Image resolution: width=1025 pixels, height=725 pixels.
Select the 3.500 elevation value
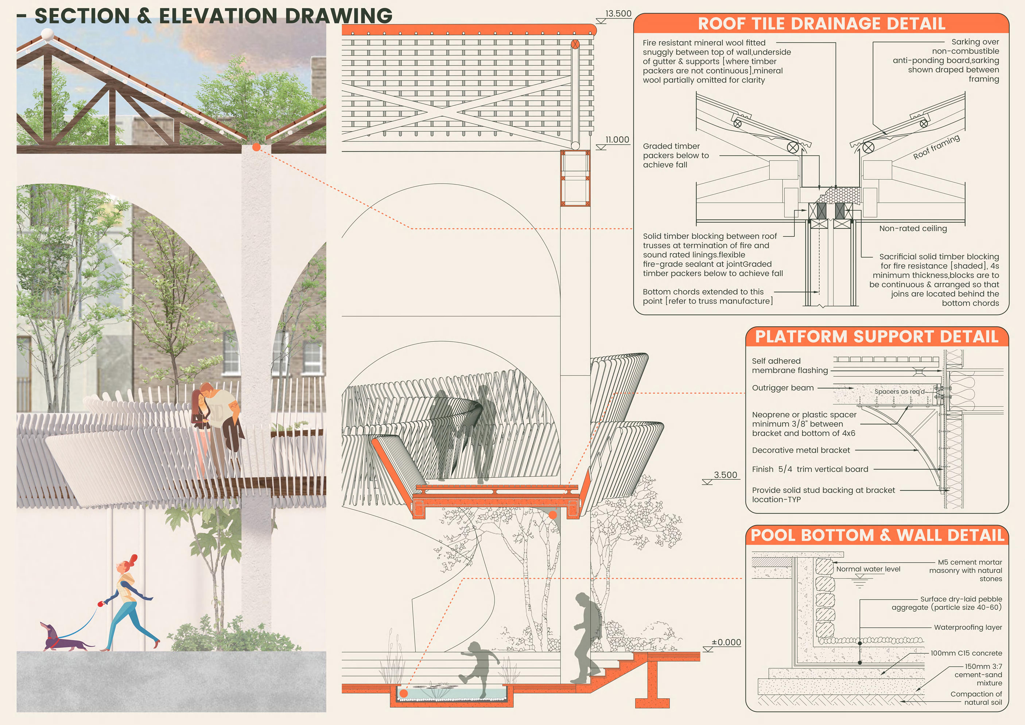pyautogui.click(x=725, y=475)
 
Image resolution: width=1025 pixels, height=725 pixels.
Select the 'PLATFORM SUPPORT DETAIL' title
pyautogui.click(x=876, y=337)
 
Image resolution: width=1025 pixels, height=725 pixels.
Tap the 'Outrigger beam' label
pyautogui.click(x=783, y=388)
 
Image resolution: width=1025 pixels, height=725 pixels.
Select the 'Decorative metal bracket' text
pyautogui.click(x=801, y=450)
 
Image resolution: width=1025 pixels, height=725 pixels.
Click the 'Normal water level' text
pyautogui.click(x=868, y=569)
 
